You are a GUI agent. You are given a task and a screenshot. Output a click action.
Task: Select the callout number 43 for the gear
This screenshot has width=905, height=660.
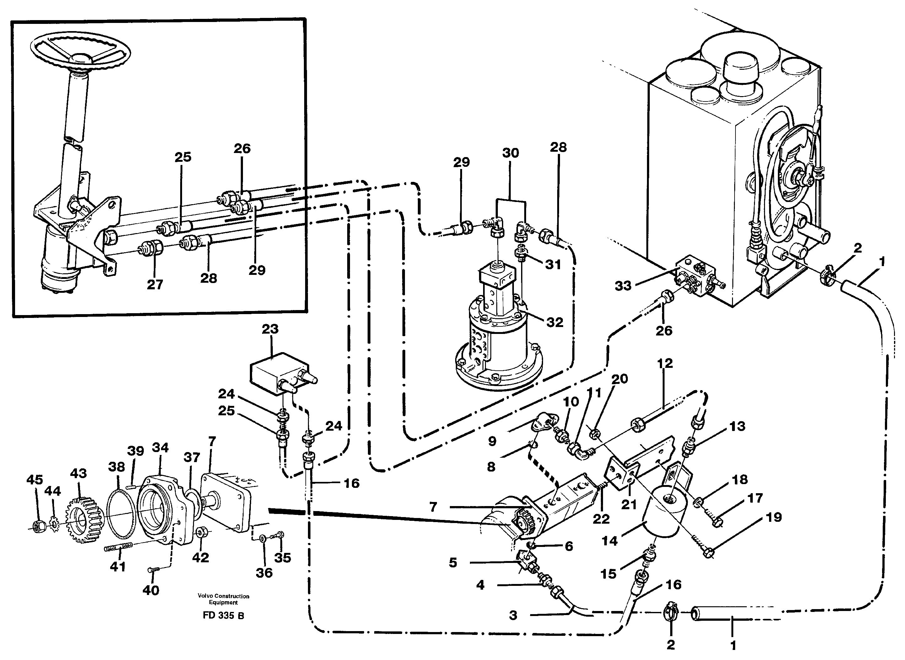pos(78,473)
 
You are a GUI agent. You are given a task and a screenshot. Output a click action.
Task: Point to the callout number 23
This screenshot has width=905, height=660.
pos(270,330)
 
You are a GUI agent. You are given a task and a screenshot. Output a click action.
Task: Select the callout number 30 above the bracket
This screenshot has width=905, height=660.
pos(511,153)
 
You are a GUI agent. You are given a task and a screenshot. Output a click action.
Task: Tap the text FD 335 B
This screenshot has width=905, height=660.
pos(223,616)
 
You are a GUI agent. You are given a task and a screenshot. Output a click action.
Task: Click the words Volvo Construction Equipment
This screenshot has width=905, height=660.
pos(223,599)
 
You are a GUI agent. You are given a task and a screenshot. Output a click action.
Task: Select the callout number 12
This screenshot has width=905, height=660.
pos(665,363)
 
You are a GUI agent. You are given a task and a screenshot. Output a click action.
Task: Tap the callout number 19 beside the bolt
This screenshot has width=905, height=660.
pos(774,517)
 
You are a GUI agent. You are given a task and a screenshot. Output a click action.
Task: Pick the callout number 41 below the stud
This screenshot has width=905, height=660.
pos(118,566)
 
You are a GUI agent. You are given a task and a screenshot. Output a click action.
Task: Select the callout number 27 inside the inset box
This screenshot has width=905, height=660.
pos(155,285)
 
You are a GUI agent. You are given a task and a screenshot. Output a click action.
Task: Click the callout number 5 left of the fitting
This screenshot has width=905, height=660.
pos(453,563)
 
